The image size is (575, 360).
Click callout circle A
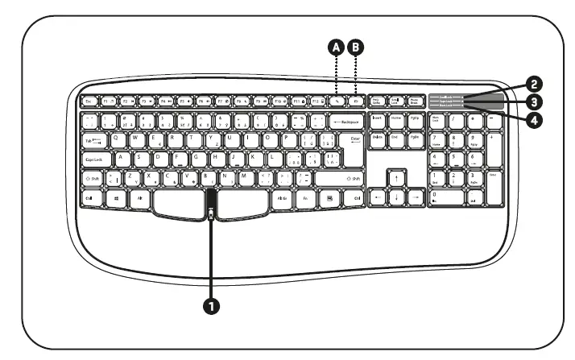coord(337,47)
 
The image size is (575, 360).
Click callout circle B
coord(355,47)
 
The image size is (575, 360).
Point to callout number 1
coord(213,304)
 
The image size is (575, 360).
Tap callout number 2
coord(533,83)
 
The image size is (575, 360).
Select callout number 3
coord(533,101)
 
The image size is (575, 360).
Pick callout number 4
coord(533,119)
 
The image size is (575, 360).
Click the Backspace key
coord(342,122)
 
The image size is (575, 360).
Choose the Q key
coord(118,139)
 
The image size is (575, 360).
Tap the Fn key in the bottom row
coord(307,197)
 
